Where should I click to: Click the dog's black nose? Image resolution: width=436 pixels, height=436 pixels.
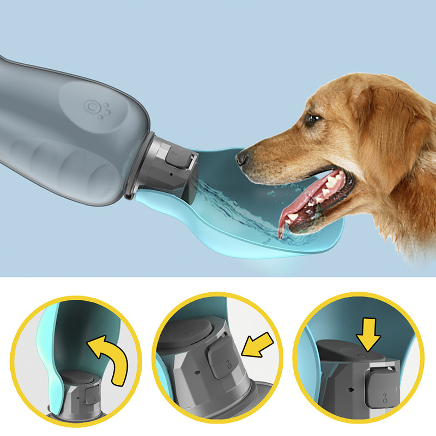click(x=241, y=158)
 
